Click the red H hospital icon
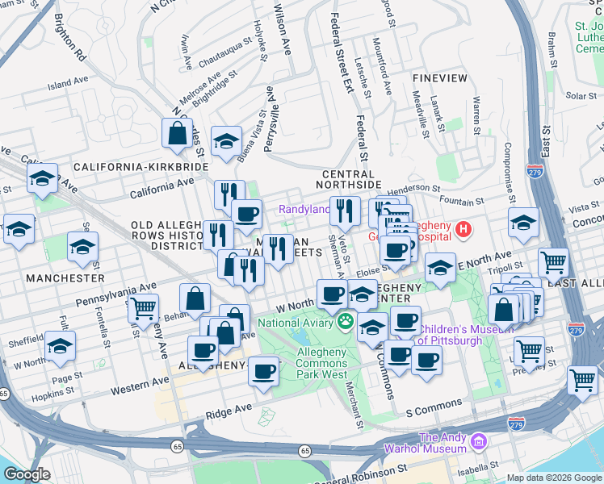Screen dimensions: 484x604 coord(463,231)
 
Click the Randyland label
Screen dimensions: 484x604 coord(304,209)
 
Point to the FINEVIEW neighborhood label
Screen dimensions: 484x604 coord(439,78)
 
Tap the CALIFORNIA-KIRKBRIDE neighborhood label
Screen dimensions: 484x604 coord(141,166)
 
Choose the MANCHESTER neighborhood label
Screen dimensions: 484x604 coord(65,277)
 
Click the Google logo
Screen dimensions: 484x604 coord(27,474)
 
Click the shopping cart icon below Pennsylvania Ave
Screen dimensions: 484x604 coord(143,307)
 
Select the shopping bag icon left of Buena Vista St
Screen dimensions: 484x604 coord(177,133)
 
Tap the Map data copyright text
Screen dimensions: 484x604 coord(554,478)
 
